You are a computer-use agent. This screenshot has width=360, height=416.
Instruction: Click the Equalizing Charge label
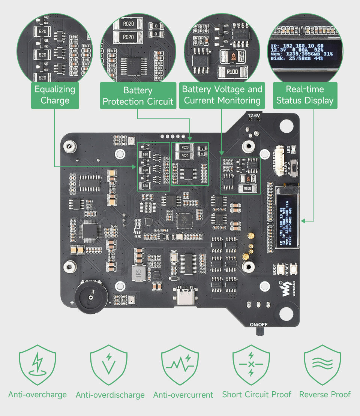coord(55,95)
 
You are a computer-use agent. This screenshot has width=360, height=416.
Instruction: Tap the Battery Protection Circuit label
coord(138,96)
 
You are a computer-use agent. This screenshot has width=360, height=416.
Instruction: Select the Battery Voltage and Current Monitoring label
coord(222,95)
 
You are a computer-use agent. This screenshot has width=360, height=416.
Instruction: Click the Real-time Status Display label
coord(304,95)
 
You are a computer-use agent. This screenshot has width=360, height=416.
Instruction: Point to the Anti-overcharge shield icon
coord(37,365)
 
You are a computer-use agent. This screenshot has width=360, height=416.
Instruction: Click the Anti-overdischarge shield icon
coord(109,365)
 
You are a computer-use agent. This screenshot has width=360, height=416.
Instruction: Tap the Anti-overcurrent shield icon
coord(180,365)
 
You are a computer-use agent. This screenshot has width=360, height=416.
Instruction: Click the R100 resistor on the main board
coord(247,189)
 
